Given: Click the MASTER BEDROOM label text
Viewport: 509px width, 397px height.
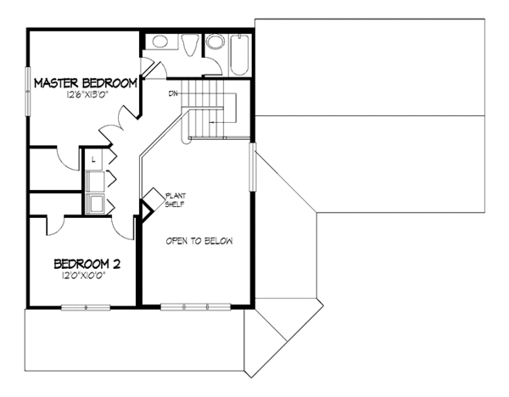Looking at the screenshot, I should tap(85, 83).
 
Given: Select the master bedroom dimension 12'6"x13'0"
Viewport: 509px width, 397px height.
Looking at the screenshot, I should tap(85, 96).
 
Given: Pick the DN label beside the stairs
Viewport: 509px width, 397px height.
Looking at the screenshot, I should tap(172, 92).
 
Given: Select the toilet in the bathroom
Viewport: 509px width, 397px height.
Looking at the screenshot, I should tap(188, 48).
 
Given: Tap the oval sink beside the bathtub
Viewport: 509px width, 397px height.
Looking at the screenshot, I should tap(215, 43).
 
